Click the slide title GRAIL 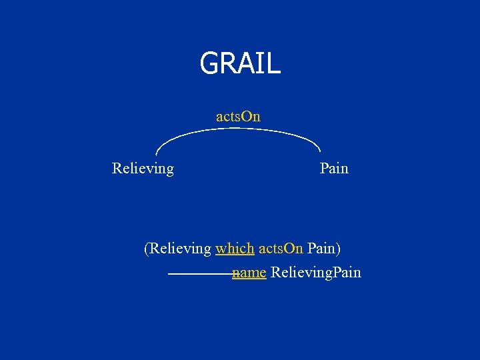pos(240,63)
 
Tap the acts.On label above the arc pos(238,117)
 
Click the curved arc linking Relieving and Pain pos(239,129)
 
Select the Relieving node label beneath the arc pos(143,169)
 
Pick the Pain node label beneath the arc pos(334,169)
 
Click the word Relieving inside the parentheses pos(180,249)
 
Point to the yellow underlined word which pos(235,249)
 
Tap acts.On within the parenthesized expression pos(281,249)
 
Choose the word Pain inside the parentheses pos(321,249)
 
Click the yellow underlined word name pos(249,273)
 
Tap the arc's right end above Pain pos(320,149)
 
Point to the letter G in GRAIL pos(208,64)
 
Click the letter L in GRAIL pos(274,64)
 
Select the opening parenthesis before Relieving pos(147,249)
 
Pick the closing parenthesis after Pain pos(338,249)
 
